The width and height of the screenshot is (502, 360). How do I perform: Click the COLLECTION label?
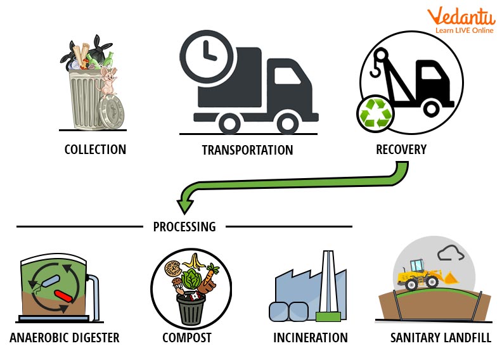(x=95, y=150)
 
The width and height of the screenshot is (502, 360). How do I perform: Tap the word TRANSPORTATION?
(x=247, y=150)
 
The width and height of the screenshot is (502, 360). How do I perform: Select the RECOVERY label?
(x=401, y=150)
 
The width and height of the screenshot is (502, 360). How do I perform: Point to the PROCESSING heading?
(x=184, y=226)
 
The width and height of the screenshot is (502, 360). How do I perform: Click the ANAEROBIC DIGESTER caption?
(x=65, y=337)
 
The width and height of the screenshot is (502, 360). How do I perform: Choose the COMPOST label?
(x=186, y=337)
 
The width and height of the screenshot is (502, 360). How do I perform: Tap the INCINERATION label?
(x=311, y=337)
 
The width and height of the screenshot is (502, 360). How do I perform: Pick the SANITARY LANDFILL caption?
(x=441, y=337)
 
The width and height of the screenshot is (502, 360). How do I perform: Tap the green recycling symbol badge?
(x=375, y=114)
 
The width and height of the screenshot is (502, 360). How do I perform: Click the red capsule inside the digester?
(x=64, y=295)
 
